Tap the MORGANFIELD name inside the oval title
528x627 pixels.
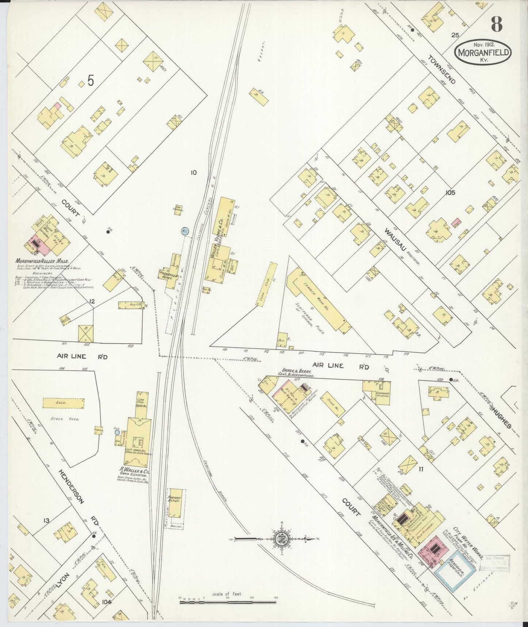tap(483, 52)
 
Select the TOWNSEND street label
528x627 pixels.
tap(442, 70)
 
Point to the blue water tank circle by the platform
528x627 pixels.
tap(184, 231)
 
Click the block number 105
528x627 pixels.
tap(450, 192)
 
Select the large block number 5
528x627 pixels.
tap(91, 81)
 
